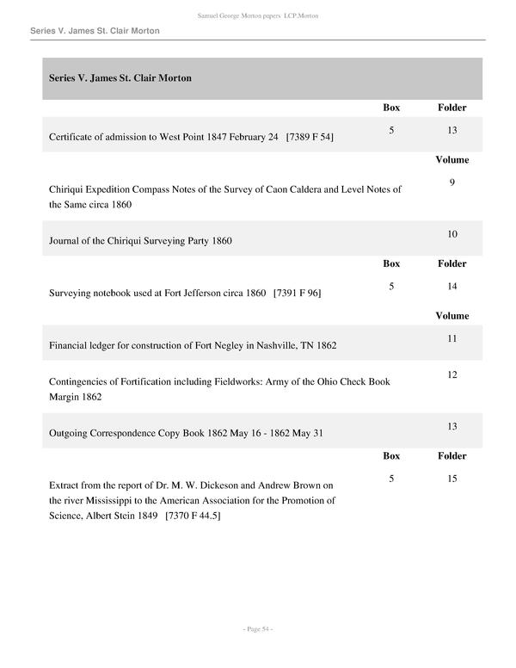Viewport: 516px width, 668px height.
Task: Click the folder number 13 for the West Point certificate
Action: tap(451, 130)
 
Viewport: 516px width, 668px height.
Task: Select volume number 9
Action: tap(451, 182)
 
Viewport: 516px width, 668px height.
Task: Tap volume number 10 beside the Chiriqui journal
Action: tap(451, 234)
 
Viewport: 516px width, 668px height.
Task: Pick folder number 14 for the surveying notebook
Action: tap(451, 286)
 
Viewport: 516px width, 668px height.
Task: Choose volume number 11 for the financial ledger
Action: tap(451, 338)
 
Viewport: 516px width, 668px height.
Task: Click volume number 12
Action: tap(451, 374)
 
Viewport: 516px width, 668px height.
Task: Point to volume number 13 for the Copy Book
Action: tap(451, 426)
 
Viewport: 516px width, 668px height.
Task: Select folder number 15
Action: tap(451, 478)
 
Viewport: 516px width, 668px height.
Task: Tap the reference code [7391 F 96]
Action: tap(297, 293)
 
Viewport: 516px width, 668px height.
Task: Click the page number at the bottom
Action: tap(258, 630)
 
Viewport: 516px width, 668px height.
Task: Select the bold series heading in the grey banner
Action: tap(120, 78)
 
